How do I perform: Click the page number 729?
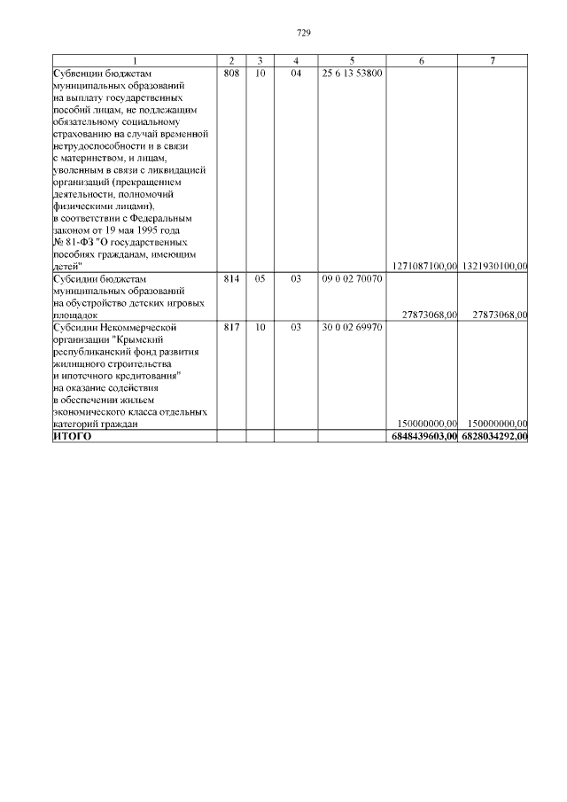(x=303, y=33)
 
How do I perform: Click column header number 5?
(x=352, y=60)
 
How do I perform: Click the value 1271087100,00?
(x=423, y=266)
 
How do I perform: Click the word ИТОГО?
(x=73, y=437)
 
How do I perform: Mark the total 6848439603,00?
(x=423, y=437)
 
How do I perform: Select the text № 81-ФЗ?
(x=74, y=242)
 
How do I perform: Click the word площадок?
(x=75, y=315)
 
